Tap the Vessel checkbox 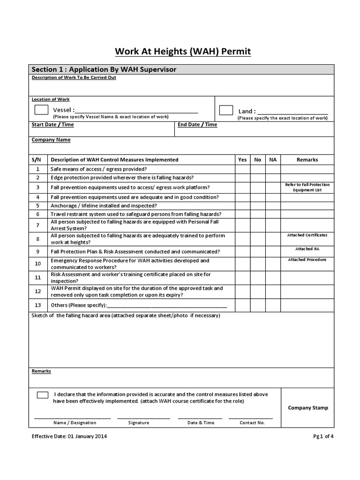click(x=41, y=110)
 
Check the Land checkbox click(x=226, y=111)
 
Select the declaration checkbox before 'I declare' click(x=42, y=395)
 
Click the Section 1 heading click(x=104, y=69)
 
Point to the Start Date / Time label click(x=52, y=125)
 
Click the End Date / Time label click(x=197, y=125)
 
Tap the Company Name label click(x=51, y=140)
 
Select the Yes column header click(x=242, y=160)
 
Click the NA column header click(x=273, y=160)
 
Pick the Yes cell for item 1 click(x=242, y=169)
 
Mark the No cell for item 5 click(x=258, y=205)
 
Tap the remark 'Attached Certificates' click(x=307, y=235)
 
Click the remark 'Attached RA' click(x=307, y=249)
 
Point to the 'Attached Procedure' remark click(x=307, y=260)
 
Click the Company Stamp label click(x=308, y=408)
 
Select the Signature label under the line click(x=139, y=423)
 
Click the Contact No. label click(x=252, y=423)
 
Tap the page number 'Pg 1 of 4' click(x=323, y=436)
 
